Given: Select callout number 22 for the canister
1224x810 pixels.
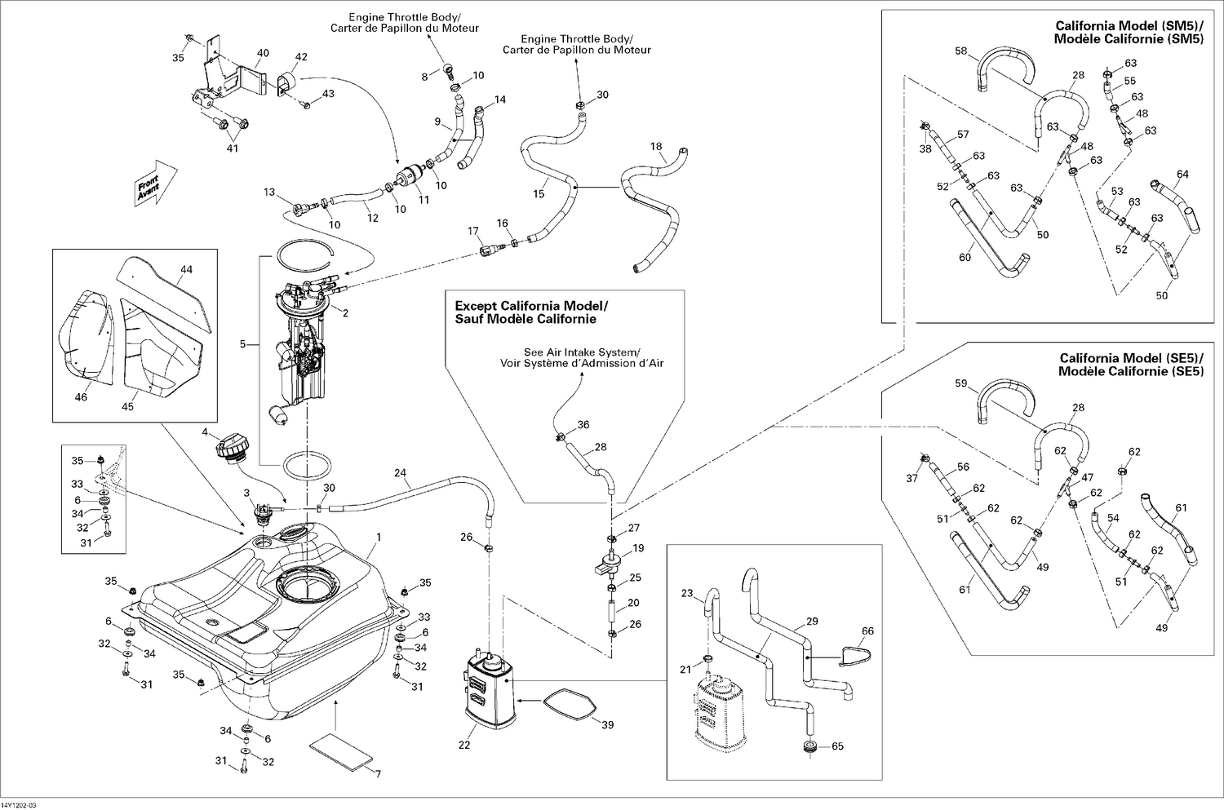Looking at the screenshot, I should [465, 744].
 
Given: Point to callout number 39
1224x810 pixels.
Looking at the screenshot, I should [607, 725].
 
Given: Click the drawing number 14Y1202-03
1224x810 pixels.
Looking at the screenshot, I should [20, 804].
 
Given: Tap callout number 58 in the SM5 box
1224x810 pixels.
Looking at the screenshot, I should [960, 51].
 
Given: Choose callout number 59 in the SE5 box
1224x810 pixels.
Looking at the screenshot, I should [960, 383].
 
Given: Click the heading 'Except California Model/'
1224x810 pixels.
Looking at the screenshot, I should [531, 306].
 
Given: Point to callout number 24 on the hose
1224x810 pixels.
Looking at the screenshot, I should [400, 472].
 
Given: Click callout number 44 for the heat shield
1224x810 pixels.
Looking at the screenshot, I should [186, 268].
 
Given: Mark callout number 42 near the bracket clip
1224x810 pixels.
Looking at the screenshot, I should [301, 57].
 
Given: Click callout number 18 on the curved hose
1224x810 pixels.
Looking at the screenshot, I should [656, 147].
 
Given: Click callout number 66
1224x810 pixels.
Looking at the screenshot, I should [867, 631].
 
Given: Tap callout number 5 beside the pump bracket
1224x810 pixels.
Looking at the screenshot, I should [242, 345].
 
